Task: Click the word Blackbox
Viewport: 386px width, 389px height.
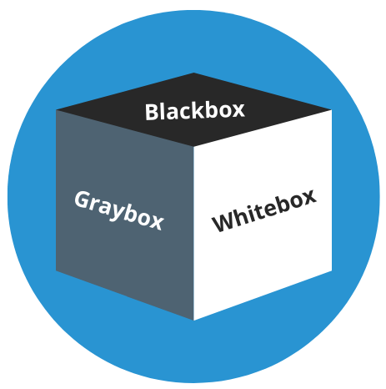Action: tap(194, 111)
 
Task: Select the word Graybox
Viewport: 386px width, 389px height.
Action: tap(119, 210)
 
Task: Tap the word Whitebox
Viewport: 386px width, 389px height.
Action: tap(264, 210)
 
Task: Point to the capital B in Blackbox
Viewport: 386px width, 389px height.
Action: tap(152, 112)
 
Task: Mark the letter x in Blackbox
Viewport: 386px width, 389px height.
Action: tap(238, 110)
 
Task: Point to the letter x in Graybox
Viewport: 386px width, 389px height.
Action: tap(156, 221)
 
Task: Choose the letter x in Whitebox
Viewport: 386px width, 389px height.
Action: tap(308, 196)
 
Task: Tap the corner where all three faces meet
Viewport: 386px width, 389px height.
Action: tap(193, 146)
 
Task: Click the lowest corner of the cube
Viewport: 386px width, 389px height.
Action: tap(193, 321)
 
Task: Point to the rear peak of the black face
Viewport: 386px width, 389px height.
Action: tap(194, 73)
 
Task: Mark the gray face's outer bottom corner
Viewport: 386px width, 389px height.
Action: tap(56, 270)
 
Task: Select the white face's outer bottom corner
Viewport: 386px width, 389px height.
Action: tap(332, 271)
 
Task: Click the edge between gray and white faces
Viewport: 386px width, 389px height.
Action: tap(193, 233)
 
